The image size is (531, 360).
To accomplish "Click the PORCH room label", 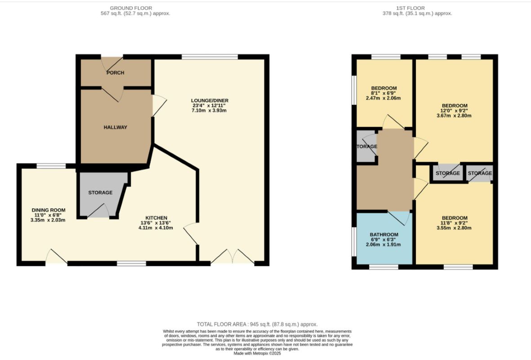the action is [x=115, y=72].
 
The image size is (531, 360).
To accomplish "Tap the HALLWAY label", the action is [x=116, y=127].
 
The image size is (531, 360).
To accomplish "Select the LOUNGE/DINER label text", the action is [x=210, y=100].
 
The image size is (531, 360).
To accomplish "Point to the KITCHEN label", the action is [x=156, y=218].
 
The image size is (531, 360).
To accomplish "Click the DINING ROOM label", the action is [x=49, y=210].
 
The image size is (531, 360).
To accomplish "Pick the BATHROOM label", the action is [x=384, y=234].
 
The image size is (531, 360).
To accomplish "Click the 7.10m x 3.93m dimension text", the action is [x=209, y=110].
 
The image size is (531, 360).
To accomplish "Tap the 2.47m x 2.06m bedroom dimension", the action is [x=384, y=98].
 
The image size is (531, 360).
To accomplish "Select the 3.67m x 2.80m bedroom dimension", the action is [x=454, y=115].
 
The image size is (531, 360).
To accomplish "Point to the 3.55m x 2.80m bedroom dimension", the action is [x=454, y=228].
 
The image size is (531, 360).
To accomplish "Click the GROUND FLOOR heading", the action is [x=131, y=8].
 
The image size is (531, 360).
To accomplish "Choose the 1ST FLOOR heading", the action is [x=411, y=8].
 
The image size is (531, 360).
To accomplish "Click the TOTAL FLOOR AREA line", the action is [x=257, y=324].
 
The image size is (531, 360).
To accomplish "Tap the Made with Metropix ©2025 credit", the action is [x=257, y=353].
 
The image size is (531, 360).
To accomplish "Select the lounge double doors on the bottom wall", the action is [x=232, y=256].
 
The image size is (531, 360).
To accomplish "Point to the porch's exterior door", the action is [x=112, y=63].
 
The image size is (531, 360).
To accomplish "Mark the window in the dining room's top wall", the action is [x=51, y=166].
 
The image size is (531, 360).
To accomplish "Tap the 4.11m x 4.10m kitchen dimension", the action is [x=156, y=228].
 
